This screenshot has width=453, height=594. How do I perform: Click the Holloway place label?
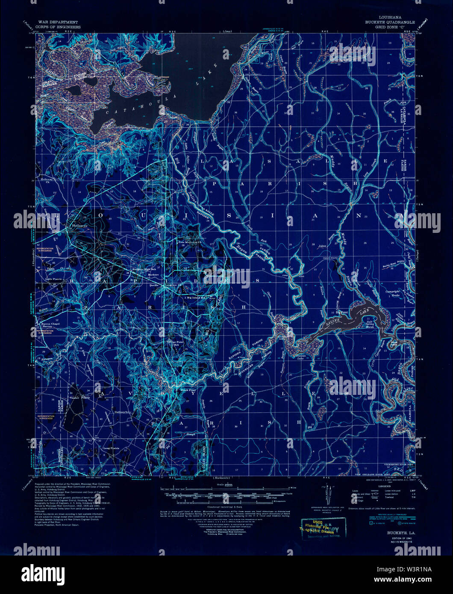[x=80, y=225]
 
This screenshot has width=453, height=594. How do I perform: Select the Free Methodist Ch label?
[x=190, y=242]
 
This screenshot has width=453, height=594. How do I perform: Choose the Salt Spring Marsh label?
[x=369, y=324]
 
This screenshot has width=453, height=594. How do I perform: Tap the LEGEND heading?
[x=384, y=486]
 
